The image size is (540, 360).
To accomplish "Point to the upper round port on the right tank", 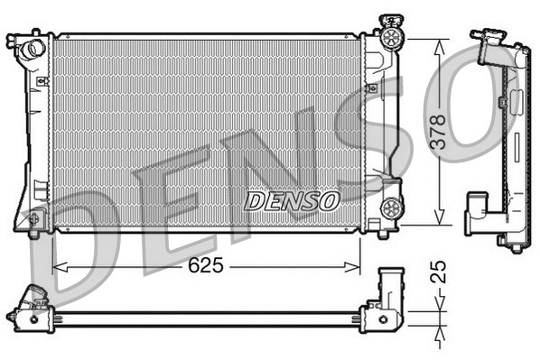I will (392, 37).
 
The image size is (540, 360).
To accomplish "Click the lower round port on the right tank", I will (392, 208).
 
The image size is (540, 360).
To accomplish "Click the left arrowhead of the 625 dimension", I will (58, 266).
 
